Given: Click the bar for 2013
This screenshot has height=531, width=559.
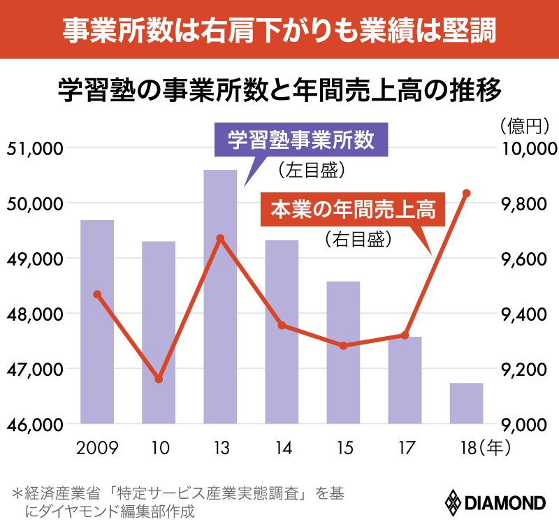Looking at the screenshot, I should tap(220, 296).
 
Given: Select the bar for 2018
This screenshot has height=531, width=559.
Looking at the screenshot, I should tap(466, 403).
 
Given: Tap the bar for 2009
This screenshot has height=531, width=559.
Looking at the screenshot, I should tap(97, 321).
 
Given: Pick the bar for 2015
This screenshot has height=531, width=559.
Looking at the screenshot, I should tap(343, 352).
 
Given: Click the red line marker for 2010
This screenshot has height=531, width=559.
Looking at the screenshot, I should tap(159, 379).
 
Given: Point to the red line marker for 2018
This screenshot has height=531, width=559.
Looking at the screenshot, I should tap(467, 193).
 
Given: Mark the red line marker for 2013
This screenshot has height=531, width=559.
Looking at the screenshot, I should tap(220, 238).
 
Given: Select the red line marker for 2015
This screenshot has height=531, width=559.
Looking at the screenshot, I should tap(343, 346).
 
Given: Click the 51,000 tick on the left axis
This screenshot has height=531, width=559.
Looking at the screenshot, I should tap(34, 149).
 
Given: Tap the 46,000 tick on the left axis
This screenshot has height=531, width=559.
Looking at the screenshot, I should tap(34, 424).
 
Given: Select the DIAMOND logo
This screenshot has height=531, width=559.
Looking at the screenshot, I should tap(495, 502).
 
